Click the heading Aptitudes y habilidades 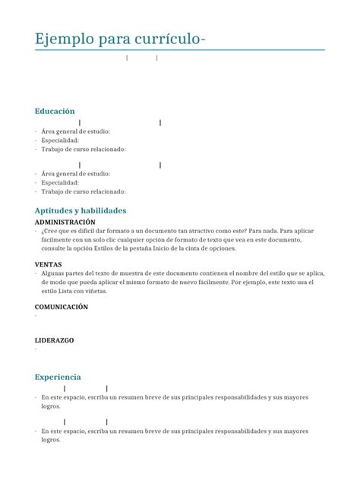click(81, 210)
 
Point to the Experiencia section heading click(58, 377)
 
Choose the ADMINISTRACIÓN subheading click(65, 222)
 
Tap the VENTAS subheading click(49, 264)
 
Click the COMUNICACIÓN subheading click(62, 307)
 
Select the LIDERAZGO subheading click(55, 340)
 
